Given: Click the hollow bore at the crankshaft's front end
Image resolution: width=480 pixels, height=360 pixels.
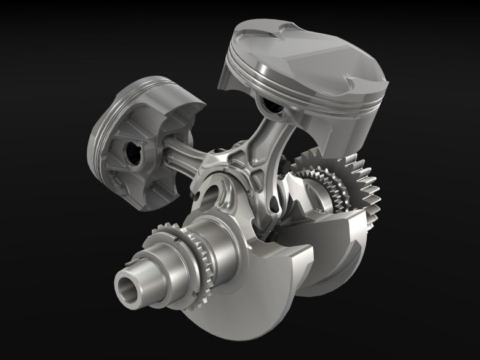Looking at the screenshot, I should (127, 287).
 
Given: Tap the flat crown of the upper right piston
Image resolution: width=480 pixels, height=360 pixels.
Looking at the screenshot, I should (308, 49).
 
